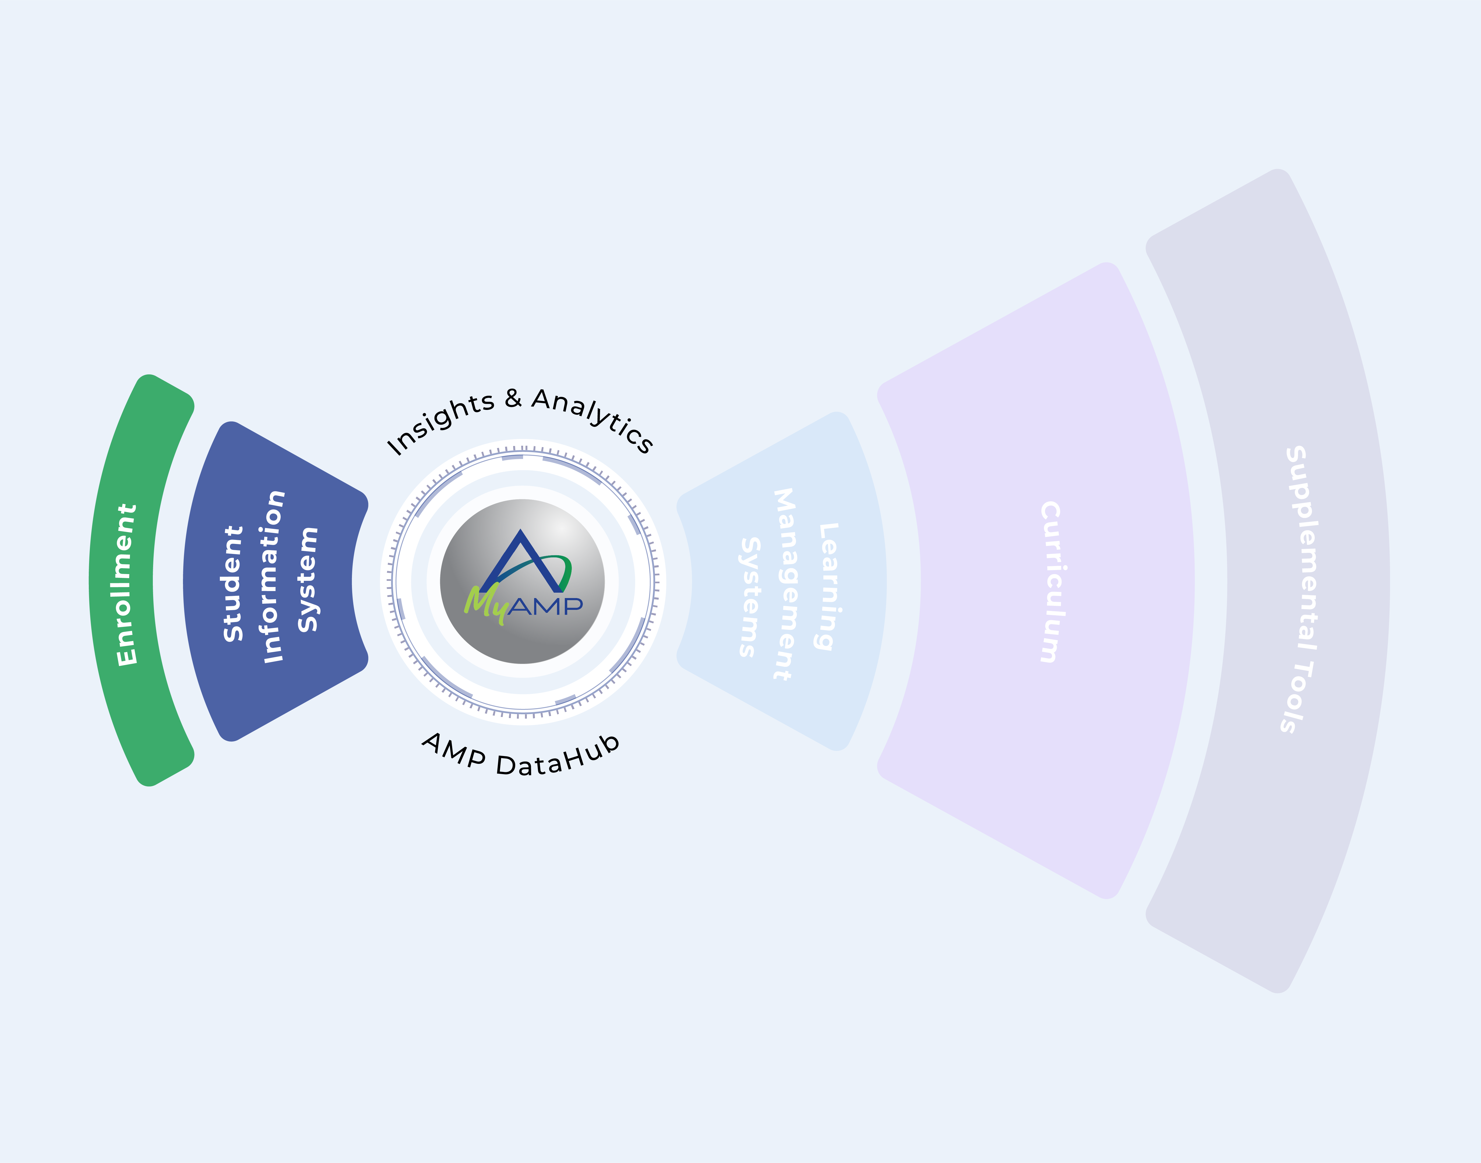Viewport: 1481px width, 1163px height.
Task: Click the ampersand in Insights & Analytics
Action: (513, 398)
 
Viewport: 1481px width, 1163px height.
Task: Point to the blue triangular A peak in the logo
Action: (521, 545)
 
